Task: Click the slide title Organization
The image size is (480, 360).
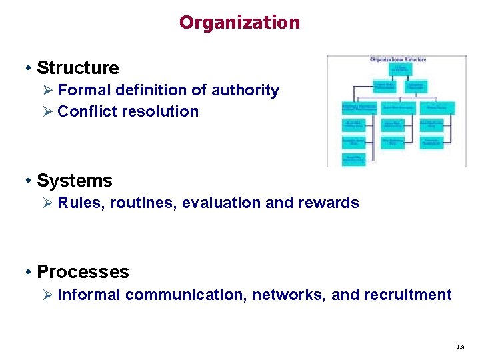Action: pyautogui.click(x=239, y=23)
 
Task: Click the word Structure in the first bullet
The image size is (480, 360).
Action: pyautogui.click(x=77, y=68)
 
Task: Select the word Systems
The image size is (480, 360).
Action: pyautogui.click(x=74, y=181)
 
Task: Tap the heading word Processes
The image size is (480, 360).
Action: pyautogui.click(x=83, y=272)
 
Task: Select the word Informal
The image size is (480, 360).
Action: pyautogui.click(x=89, y=295)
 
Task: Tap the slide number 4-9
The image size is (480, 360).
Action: pyautogui.click(x=461, y=348)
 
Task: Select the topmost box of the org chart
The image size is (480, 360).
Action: pyautogui.click(x=400, y=69)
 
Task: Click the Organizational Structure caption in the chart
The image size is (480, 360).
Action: pyautogui.click(x=398, y=59)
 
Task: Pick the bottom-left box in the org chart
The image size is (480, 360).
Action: pyautogui.click(x=353, y=159)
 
